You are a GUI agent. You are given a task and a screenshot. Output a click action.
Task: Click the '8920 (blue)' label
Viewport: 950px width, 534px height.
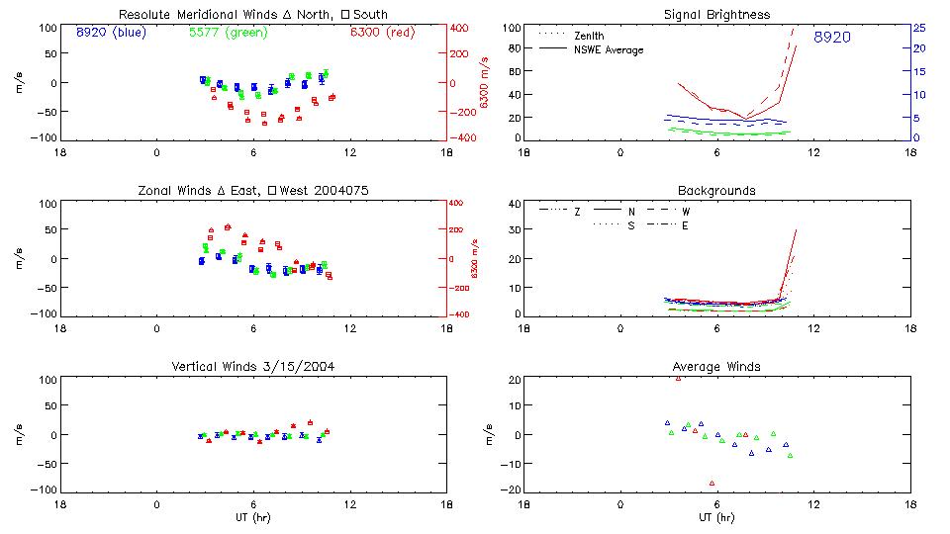pos(111,32)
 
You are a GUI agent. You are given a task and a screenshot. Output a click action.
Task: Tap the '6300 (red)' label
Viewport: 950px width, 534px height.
pos(382,32)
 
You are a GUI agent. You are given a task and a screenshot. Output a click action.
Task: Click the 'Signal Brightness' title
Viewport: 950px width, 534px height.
pos(716,15)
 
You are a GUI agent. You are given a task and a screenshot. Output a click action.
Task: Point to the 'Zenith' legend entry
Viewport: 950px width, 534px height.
pos(589,36)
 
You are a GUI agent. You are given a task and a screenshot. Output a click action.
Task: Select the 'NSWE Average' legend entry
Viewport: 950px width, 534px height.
pos(609,49)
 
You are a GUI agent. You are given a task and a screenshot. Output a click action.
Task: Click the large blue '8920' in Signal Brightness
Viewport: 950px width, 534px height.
pos(832,38)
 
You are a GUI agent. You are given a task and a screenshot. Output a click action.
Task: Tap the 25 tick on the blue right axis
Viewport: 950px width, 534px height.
pos(918,28)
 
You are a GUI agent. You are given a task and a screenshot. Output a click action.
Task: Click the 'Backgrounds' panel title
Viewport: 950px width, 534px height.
pos(716,190)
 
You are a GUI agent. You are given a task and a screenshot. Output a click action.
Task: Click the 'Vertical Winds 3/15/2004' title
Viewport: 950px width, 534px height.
pos(252,367)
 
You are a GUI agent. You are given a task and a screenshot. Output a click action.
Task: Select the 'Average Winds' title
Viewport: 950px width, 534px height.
pos(716,367)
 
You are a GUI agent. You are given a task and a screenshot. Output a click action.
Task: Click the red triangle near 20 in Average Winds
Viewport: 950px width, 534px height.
pos(678,378)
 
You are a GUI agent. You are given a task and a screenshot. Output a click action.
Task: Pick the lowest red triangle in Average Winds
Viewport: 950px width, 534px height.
pos(712,484)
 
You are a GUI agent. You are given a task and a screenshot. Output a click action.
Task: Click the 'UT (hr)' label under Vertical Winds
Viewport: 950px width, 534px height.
pos(252,517)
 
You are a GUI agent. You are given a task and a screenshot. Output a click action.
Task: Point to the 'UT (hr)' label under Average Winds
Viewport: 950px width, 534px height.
pos(716,517)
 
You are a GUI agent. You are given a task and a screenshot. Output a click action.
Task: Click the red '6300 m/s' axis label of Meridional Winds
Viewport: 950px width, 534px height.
pos(485,83)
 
